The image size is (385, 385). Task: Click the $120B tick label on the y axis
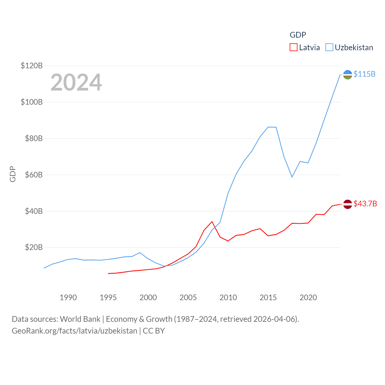(x=32, y=66)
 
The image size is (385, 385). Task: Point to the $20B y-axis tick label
(x=34, y=248)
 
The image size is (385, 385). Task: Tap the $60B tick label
(x=34, y=175)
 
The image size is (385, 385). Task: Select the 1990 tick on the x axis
(x=68, y=297)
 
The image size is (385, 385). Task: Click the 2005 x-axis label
(x=188, y=297)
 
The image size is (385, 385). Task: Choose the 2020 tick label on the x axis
(x=308, y=297)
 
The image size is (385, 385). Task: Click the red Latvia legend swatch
(x=294, y=48)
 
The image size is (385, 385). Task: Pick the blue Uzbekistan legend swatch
(x=329, y=48)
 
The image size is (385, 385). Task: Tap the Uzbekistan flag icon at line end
(x=347, y=75)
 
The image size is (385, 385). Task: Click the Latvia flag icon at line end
(x=347, y=204)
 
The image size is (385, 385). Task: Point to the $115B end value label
(x=364, y=74)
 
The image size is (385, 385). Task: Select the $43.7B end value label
(x=365, y=204)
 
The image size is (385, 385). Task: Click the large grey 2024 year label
(x=76, y=82)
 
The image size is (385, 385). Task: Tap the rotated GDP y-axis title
(x=13, y=174)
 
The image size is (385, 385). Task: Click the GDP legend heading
(x=298, y=35)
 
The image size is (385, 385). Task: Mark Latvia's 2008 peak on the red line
(x=212, y=222)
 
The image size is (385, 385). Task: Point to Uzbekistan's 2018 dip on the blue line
(x=292, y=177)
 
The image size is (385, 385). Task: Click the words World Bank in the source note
(x=80, y=319)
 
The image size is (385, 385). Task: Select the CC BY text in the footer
(x=154, y=331)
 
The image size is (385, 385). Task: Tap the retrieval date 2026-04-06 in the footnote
(x=275, y=319)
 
